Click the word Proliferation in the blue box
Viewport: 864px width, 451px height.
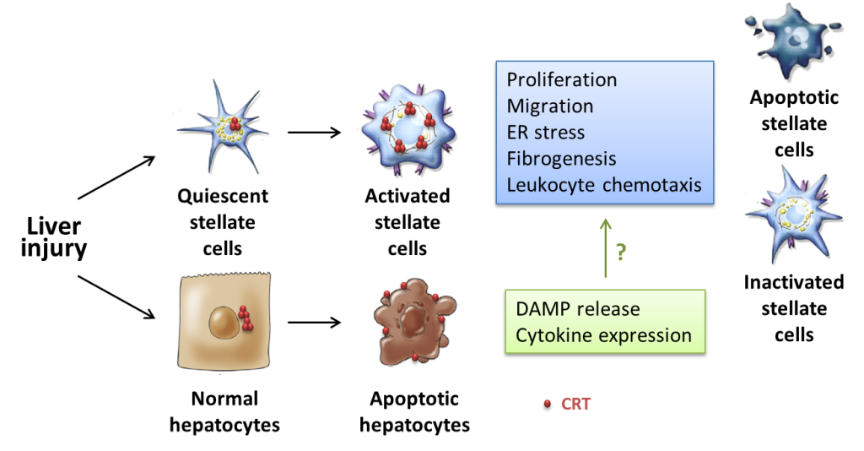point(562,80)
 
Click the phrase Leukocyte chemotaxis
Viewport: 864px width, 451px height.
point(604,185)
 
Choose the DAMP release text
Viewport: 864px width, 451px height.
point(578,309)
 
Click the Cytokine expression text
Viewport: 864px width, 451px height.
point(603,335)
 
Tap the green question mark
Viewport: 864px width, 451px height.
point(622,252)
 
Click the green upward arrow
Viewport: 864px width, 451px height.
point(605,248)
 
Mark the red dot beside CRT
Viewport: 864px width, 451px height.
point(548,405)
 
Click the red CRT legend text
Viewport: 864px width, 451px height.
point(576,405)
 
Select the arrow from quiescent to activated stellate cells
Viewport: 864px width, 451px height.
point(314,132)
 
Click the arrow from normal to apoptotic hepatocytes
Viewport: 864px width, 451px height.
point(314,322)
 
